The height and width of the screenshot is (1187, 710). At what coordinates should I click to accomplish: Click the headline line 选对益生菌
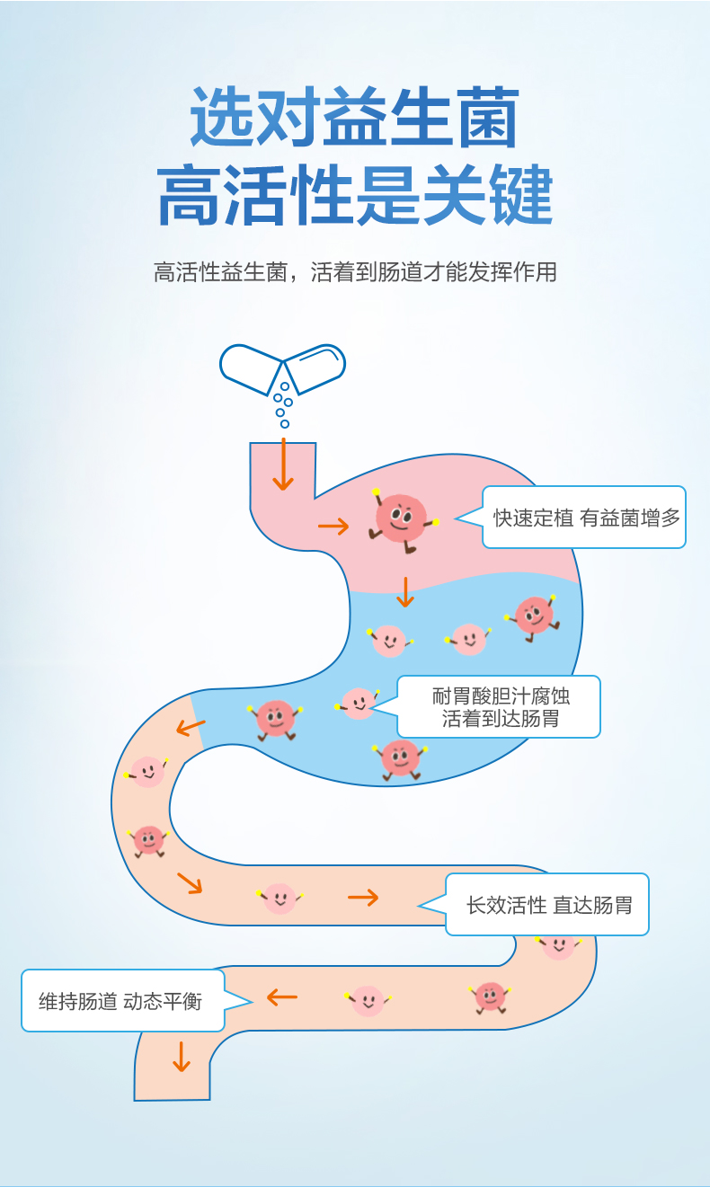(355, 118)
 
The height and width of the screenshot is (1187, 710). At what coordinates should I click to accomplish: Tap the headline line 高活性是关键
(355, 195)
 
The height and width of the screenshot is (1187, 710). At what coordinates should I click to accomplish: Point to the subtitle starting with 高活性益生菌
(355, 272)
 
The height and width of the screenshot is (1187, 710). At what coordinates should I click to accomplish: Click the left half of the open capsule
(251, 368)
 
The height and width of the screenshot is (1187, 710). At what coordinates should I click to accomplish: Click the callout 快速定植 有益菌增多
(585, 518)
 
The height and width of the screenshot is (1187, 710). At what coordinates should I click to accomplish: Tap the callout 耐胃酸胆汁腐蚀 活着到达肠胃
(499, 707)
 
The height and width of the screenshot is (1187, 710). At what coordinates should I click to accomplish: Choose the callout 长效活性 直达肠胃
(547, 905)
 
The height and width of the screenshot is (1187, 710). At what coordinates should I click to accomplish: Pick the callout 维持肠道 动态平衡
(122, 1001)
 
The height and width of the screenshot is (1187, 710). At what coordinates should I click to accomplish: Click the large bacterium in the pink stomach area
(402, 518)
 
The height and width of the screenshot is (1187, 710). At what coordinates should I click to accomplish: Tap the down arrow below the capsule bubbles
(283, 465)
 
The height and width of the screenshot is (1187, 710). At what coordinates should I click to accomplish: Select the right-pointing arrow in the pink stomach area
(333, 527)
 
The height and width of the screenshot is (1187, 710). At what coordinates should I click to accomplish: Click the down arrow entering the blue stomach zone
(405, 591)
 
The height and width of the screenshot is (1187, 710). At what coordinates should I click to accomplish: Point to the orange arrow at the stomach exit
(191, 726)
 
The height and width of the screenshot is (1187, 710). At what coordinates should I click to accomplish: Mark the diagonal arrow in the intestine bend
(190, 883)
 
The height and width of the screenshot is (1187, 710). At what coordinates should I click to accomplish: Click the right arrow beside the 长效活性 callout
(363, 897)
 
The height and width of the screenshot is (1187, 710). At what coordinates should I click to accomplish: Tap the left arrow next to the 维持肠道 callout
(282, 997)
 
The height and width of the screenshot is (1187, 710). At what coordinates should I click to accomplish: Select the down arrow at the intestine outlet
(182, 1056)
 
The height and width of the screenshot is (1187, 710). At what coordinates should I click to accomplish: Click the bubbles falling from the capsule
(283, 403)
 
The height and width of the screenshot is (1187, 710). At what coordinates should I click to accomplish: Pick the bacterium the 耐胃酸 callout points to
(358, 704)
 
